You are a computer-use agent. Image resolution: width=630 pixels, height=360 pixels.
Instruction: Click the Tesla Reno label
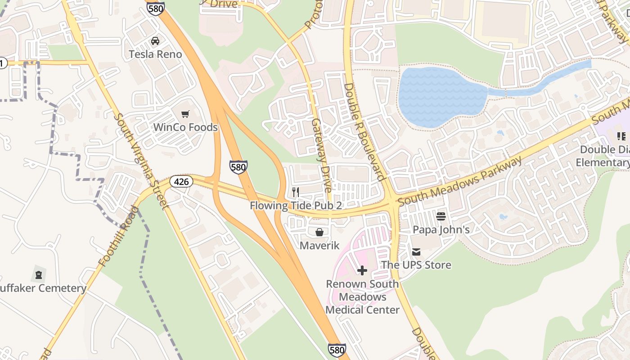(155, 54)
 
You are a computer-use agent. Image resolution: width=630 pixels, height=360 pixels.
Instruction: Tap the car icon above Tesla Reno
(155, 41)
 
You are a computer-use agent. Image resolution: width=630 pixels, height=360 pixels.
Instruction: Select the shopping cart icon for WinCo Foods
(185, 114)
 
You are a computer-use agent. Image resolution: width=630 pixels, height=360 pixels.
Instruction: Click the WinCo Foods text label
(185, 127)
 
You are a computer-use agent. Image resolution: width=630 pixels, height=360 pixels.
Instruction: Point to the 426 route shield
(181, 182)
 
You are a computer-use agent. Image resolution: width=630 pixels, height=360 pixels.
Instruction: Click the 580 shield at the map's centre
(238, 167)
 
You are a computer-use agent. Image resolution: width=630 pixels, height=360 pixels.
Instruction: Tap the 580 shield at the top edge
(155, 8)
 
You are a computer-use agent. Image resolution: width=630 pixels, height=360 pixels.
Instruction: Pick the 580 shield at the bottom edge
(337, 351)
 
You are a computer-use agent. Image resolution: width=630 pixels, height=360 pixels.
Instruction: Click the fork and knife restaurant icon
(296, 192)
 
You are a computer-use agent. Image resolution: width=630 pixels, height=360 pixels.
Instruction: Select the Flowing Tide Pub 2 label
(296, 206)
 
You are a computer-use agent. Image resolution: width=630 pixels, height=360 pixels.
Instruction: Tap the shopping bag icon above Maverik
(319, 232)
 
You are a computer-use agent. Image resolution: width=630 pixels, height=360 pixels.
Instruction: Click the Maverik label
(319, 246)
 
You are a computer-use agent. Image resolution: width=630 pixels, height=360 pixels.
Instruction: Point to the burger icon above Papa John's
(441, 216)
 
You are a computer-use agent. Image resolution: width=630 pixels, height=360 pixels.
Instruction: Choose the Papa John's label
(441, 230)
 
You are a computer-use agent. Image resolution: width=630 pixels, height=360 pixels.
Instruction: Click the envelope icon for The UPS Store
(416, 252)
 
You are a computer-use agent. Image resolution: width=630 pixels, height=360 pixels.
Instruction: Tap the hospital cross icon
(362, 270)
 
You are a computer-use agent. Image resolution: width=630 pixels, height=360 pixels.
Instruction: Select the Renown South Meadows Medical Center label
(362, 297)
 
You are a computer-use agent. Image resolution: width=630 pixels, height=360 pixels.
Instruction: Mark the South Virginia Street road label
(140, 161)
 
